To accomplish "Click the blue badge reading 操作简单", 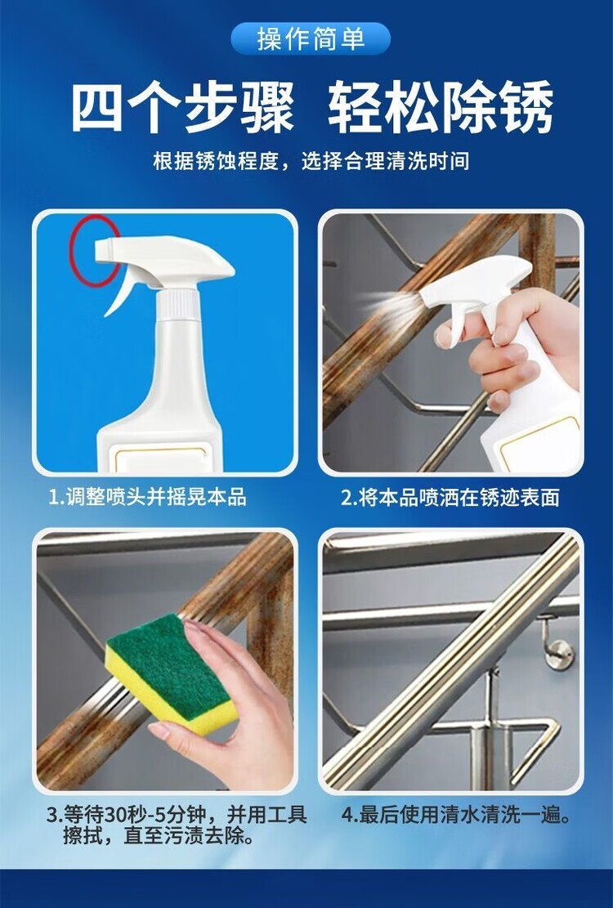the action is coord(311,38).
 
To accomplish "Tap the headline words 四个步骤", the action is coord(182,108).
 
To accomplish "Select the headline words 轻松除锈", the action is coord(440,108).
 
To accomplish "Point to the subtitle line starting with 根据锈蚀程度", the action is coord(311,161).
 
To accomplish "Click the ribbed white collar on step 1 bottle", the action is coord(178,303).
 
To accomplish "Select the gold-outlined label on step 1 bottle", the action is coord(159,458).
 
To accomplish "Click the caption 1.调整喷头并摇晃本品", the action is coord(148,497).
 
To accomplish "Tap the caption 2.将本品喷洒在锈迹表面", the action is coord(450,498).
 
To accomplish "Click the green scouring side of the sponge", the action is coord(168,666).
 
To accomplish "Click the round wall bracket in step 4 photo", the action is coord(559,655).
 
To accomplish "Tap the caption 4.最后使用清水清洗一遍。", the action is coord(456,815).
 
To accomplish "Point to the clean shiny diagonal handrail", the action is coord(451,660).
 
